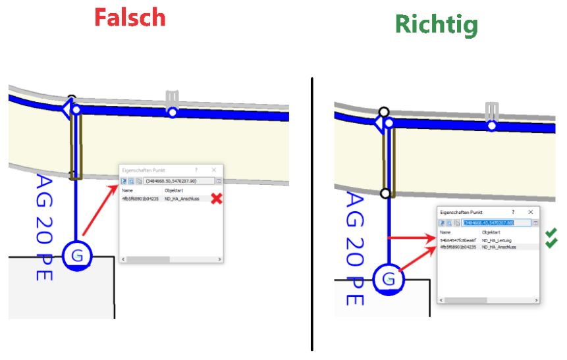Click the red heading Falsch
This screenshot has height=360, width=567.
[x=129, y=17]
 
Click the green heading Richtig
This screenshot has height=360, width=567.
[x=436, y=24]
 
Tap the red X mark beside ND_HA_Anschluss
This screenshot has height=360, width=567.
[x=215, y=199]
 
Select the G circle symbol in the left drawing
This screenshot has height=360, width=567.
[x=77, y=255]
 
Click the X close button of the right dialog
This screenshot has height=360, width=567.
[x=530, y=213]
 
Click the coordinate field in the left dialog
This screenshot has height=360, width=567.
[x=178, y=180]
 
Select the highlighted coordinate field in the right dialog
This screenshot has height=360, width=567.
[x=496, y=223]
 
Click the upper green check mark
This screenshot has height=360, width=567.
[x=551, y=233]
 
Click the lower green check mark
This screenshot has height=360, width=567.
[x=551, y=244]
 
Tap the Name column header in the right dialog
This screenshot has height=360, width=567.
[x=446, y=232]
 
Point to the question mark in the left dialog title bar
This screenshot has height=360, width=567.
[x=196, y=170]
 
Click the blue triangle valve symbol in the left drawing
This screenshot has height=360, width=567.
[x=67, y=109]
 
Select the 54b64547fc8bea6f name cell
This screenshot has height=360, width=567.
[x=457, y=240]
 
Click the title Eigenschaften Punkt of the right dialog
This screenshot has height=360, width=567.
[x=461, y=213]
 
